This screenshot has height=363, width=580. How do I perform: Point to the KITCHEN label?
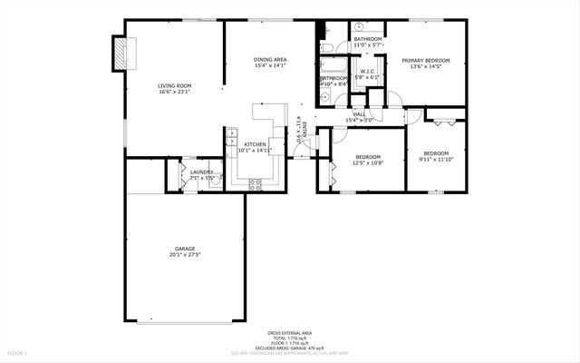point(254,144)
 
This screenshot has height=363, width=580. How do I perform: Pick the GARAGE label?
point(185,249)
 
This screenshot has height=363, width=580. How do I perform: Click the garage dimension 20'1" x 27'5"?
point(185,255)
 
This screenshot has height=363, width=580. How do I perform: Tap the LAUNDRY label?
point(201,172)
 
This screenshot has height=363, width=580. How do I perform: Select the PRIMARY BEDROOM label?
point(426,60)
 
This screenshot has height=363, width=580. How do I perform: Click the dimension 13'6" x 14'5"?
point(426,66)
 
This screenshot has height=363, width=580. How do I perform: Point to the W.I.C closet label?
point(367,71)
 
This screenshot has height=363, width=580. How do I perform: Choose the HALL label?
point(359,113)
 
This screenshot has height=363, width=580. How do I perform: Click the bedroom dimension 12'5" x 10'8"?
point(369,162)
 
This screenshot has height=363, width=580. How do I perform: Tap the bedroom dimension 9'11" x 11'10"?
point(436,160)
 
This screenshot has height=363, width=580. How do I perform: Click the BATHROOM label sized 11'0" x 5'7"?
point(367,39)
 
